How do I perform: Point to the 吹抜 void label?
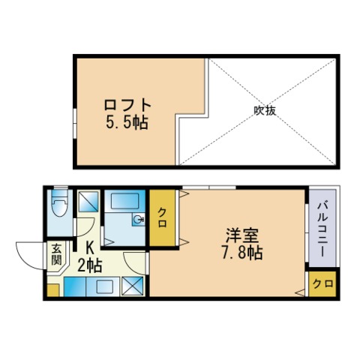[x=265, y=110]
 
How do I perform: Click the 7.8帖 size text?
[x=241, y=252]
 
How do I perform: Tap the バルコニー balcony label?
[x=320, y=228]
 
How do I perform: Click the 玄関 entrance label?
[x=55, y=255]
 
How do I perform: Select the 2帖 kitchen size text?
[x=89, y=264]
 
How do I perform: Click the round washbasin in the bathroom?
[x=139, y=220]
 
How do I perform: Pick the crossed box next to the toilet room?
[x=88, y=200]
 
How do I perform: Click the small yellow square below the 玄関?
[x=52, y=289]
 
